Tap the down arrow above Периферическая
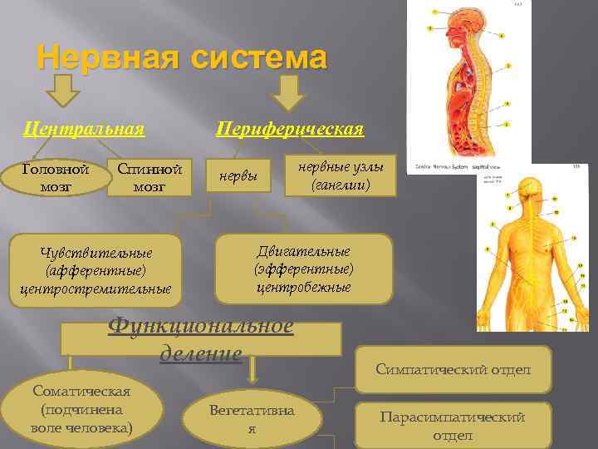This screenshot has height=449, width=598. coord(289,92)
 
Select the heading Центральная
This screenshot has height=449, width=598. coord(84,129)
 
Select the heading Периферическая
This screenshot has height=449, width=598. coord(290,129)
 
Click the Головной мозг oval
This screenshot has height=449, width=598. coord(56,177)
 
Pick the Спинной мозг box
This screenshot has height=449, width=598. coord(149,177)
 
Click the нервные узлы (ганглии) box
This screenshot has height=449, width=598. coord(340,176)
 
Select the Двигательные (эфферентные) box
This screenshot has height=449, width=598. coord(303,269)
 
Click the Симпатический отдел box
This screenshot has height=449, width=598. coord(453,369)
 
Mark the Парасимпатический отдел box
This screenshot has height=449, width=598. coord(453,426)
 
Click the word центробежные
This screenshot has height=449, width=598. coord(303,288)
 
